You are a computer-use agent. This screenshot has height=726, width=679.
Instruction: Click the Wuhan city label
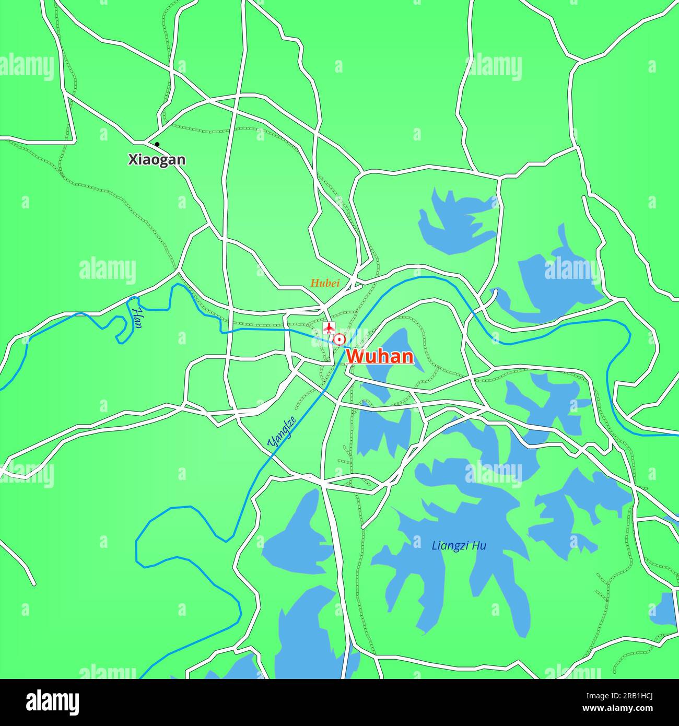point(380,357)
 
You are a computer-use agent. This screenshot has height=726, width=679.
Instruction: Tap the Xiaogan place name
point(157,160)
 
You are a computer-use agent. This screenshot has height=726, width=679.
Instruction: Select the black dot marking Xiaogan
point(157,145)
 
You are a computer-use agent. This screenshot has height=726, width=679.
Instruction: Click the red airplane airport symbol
point(329,328)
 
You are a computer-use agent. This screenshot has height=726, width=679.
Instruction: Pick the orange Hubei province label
point(325,284)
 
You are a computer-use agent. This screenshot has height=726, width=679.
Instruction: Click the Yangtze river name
point(282,431)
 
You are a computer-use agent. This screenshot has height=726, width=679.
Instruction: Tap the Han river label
point(137,318)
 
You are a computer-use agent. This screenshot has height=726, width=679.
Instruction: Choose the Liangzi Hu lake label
point(459,546)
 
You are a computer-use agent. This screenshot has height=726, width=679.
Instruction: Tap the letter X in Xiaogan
point(133,160)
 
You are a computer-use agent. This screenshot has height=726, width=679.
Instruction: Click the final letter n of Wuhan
point(408,357)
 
